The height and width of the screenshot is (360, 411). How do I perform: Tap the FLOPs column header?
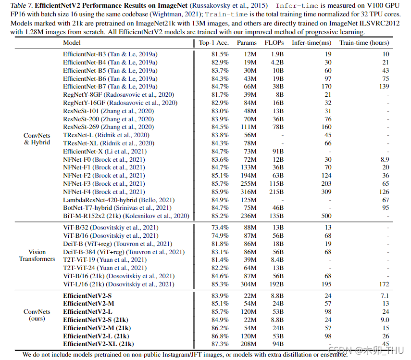pos(274,43)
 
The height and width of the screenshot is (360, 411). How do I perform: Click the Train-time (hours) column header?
pos(364,43)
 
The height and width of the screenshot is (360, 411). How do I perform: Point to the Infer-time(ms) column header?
pos(311,43)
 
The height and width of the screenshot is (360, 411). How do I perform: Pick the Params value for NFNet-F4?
pos(249,192)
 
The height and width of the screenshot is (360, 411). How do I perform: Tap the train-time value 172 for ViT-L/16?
pos(383,284)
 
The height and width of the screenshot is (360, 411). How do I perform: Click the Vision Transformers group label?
pos(37,255)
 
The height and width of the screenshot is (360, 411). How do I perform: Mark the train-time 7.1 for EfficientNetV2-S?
pos(385,295)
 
